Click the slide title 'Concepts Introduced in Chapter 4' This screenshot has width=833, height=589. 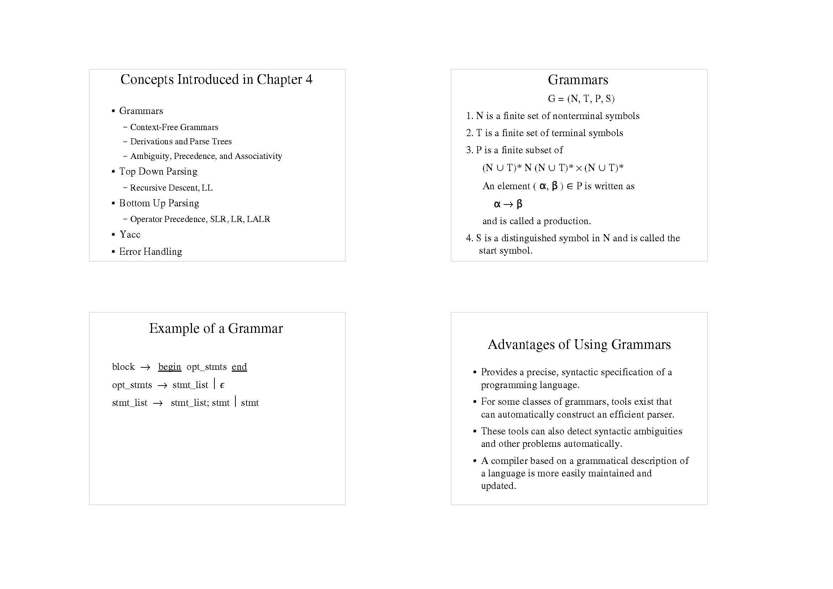click(x=216, y=79)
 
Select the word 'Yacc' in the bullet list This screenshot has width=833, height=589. click(x=130, y=234)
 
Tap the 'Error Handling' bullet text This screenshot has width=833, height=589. click(x=151, y=252)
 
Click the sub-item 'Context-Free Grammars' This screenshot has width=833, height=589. click(x=174, y=127)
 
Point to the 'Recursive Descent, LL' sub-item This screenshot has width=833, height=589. click(x=171, y=188)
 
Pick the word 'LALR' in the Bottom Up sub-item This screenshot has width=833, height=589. click(x=258, y=219)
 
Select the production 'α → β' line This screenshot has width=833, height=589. click(x=508, y=204)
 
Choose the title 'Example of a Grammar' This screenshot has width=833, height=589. click(x=216, y=329)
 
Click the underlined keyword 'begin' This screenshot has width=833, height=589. click(x=170, y=367)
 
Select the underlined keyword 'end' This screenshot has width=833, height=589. click(x=239, y=367)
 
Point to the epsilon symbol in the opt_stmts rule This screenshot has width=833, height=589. click(x=222, y=385)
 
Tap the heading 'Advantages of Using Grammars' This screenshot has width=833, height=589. click(x=579, y=345)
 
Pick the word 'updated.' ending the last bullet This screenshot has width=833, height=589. click(x=498, y=486)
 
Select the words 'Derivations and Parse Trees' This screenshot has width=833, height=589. click(x=181, y=141)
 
